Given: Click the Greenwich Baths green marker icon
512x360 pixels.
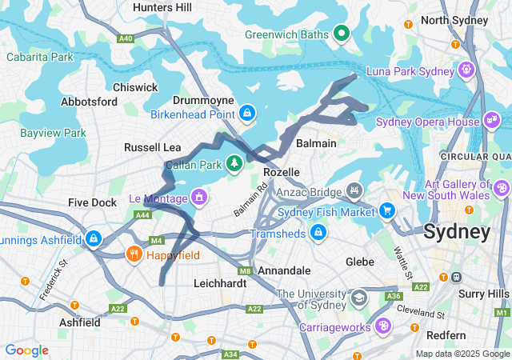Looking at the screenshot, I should pyautogui.click(x=342, y=33).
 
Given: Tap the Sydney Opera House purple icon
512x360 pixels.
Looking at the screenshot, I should pyautogui.click(x=491, y=122).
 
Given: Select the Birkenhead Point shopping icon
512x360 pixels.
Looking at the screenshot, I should pyautogui.click(x=248, y=114).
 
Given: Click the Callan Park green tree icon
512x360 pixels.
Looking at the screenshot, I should pyautogui.click(x=234, y=164).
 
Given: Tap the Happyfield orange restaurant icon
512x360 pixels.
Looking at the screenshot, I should pyautogui.click(x=134, y=255).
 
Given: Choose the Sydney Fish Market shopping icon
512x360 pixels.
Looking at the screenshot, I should pyautogui.click(x=388, y=211).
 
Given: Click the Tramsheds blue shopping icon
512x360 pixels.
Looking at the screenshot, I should pyautogui.click(x=318, y=233).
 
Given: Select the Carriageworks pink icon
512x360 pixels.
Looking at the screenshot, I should pyautogui.click(x=383, y=326).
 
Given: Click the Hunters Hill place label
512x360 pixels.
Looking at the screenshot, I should pyautogui.click(x=162, y=7).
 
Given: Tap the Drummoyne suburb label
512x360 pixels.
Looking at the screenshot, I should pyautogui.click(x=202, y=100).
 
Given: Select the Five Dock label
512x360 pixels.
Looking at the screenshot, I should pyautogui.click(x=92, y=202).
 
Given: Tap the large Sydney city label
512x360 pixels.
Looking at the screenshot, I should pyautogui.click(x=456, y=233).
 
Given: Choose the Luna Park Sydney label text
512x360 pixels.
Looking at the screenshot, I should pyautogui.click(x=410, y=71).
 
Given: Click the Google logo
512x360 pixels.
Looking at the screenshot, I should pyautogui.click(x=26, y=350).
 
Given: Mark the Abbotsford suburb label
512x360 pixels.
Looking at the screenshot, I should pyautogui.click(x=90, y=102).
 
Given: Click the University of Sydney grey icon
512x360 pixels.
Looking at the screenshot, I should pyautogui.click(x=360, y=296).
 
